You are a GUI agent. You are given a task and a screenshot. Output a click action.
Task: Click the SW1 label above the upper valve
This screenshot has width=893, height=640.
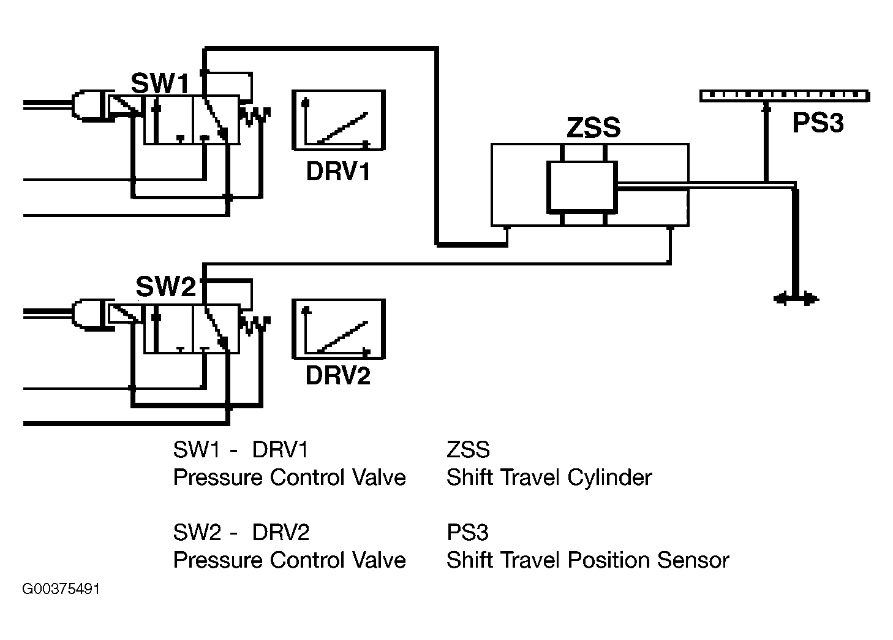pos(160,83)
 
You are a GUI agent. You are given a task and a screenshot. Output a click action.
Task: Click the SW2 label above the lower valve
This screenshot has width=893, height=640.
pos(166,286)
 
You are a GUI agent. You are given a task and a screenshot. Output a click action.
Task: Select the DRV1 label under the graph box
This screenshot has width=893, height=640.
pos(338,171)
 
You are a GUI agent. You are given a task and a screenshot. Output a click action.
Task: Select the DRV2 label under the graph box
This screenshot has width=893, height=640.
pos(338,375)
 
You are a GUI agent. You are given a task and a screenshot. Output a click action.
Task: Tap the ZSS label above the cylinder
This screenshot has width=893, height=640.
pos(593,128)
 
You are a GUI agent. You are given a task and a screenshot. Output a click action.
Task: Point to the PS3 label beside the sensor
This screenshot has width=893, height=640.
pos(818,122)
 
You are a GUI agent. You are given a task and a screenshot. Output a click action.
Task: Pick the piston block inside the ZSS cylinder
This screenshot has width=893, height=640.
pos(582,187)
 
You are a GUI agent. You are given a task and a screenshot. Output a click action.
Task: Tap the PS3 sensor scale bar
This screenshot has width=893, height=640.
pos(785,96)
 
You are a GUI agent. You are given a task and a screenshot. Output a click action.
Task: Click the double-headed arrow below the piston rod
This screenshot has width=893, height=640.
pos(796,299)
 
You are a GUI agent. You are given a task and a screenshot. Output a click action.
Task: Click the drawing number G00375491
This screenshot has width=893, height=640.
pos(61,589)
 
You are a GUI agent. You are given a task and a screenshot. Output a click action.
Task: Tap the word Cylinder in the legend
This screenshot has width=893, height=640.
pos(609,477)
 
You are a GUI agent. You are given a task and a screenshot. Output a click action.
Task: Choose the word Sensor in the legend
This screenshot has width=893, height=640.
pos(693,560)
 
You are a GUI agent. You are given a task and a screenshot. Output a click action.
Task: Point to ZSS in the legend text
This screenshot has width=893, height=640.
pos(468,450)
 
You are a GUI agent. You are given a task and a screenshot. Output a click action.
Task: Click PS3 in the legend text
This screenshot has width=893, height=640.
pos(467,532)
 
